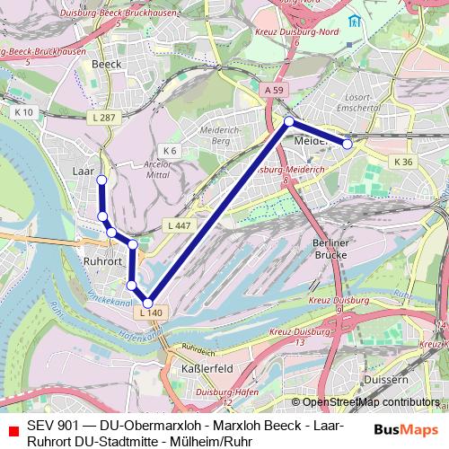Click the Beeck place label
point(106,65)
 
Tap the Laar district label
point(84,169)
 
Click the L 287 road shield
point(105,119)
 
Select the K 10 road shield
point(24,112)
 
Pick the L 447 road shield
point(176,224)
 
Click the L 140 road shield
point(151,313)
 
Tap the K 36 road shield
point(402,161)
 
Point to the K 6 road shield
point(169,150)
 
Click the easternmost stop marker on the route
point(348,144)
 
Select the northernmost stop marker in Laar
point(101,180)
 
